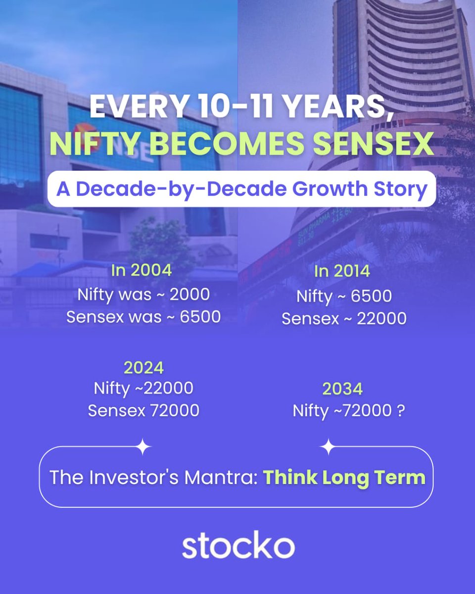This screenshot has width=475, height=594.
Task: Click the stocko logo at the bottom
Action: pos(238,546)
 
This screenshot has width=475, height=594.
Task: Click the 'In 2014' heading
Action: pos(342,272)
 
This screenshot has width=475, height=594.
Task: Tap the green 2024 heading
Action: pos(143,368)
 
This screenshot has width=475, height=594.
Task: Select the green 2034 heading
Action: pos(342,389)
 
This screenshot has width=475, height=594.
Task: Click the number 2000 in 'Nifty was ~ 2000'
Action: pos(190,295)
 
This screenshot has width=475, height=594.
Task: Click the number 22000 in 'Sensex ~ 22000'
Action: pos(381,319)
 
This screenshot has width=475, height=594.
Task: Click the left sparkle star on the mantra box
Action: pos(143,447)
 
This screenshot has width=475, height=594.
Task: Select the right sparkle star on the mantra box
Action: pos(328,447)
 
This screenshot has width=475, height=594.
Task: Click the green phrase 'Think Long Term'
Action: pos(344,478)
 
